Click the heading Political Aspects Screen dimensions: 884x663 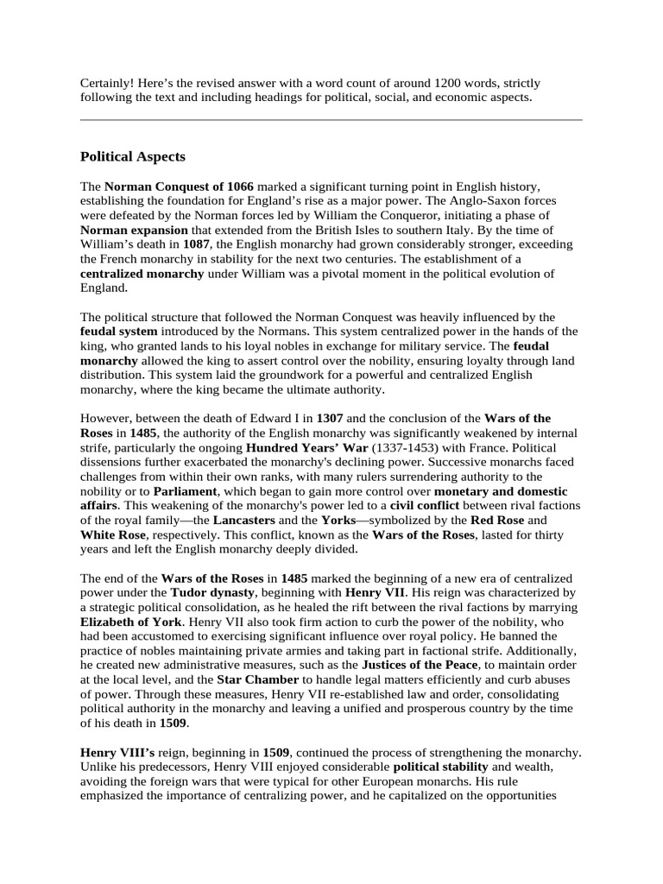132,157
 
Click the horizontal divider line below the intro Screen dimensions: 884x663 331,120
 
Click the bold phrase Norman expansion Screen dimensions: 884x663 134,230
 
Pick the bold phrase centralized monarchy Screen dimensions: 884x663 142,274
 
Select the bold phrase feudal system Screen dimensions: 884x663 118,331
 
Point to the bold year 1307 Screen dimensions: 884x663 331,418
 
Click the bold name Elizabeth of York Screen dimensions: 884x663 131,621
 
